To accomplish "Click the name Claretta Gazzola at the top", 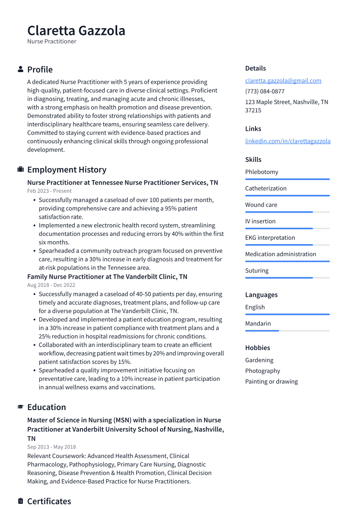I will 76,31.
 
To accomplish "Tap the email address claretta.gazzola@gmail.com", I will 283,80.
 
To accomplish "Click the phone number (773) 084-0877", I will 264,91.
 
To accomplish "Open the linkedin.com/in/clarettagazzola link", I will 287,141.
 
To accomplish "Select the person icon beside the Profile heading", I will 20,70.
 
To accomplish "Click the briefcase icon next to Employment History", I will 20,170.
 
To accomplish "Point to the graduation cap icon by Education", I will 20,407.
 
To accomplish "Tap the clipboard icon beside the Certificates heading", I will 20,501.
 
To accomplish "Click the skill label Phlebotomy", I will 261,172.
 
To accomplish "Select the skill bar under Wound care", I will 287,212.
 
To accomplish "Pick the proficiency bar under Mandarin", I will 287,331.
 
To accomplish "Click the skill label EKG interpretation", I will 270,238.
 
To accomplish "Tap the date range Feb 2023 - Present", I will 49,191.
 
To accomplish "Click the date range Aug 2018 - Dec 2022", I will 51,285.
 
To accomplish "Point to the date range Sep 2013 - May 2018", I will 51,447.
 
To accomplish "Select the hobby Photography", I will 262,371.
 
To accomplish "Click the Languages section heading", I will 261,295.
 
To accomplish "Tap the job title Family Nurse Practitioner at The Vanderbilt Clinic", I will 107,277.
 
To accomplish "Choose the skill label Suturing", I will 257,270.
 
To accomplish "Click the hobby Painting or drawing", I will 271,382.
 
